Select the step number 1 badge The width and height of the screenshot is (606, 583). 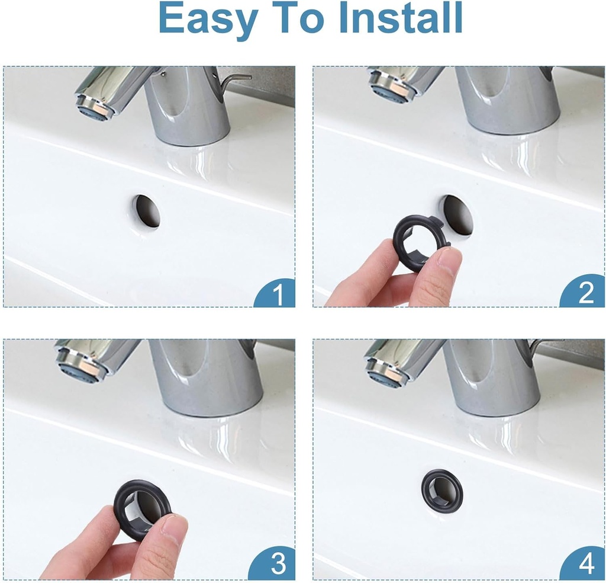277,294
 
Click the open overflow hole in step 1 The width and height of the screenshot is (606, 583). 146,211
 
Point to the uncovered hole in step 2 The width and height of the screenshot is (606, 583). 459,214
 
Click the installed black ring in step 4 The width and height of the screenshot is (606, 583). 442,491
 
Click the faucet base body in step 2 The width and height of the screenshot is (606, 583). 509,101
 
